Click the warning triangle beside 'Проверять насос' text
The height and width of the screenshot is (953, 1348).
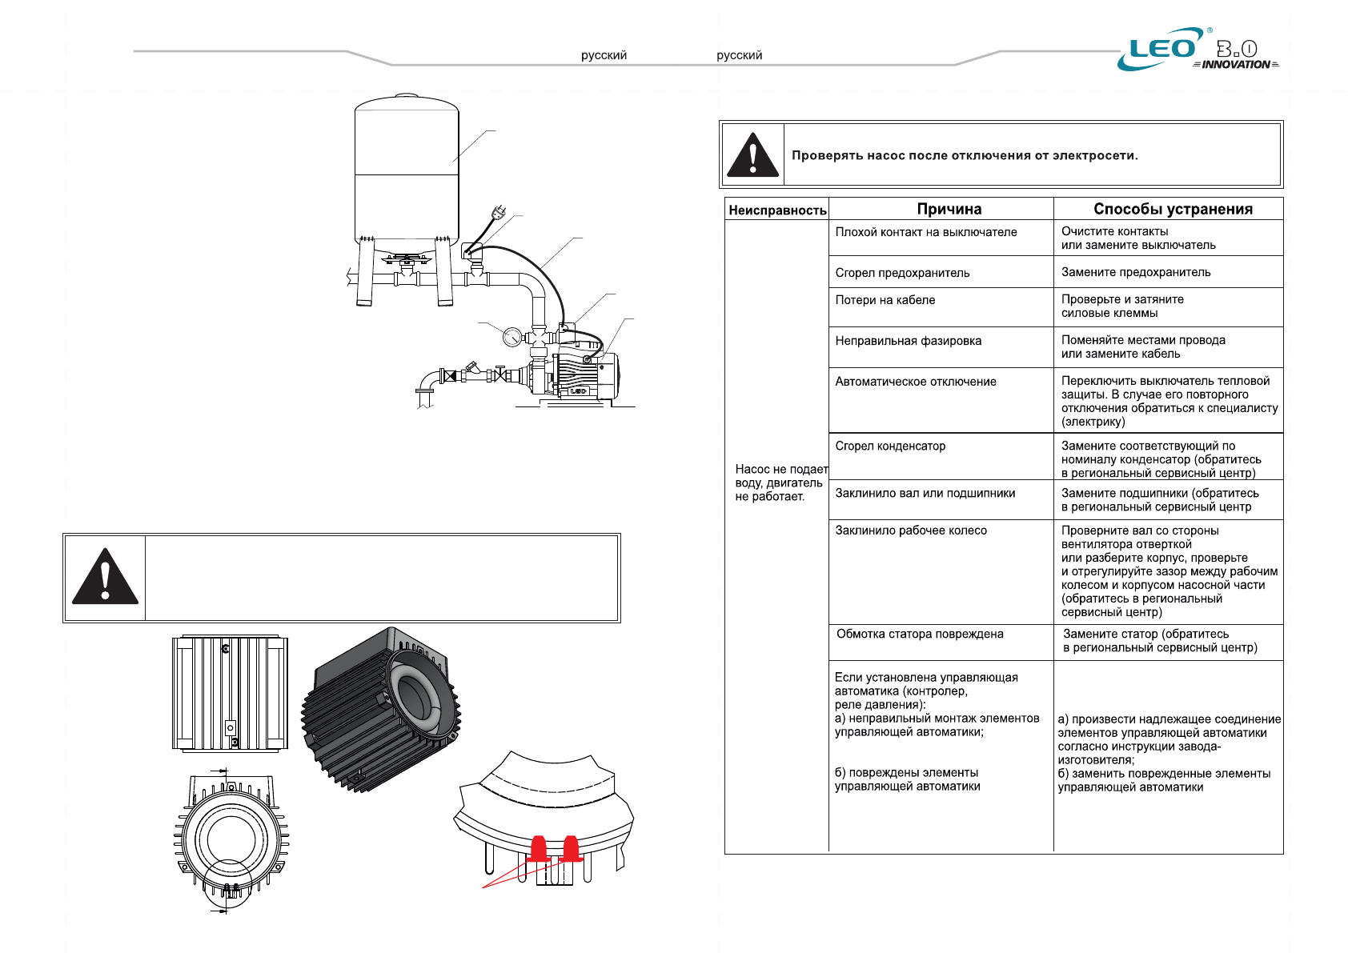coord(752,154)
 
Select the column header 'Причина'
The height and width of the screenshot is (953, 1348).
coord(949,209)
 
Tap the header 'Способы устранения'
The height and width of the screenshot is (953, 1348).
coord(1173,209)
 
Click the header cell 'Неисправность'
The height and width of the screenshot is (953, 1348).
coord(777,210)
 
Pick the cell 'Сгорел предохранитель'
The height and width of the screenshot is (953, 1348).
coord(902,273)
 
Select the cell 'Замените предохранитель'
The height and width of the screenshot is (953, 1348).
coord(1136,272)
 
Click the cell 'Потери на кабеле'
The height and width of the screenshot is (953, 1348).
coord(885,300)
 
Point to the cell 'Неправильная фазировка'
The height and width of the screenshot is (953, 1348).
coord(908,341)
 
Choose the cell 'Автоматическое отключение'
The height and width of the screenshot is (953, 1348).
coord(916,382)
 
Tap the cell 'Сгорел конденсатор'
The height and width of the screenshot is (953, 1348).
coord(890,446)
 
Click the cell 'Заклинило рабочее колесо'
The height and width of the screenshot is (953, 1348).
coord(911,531)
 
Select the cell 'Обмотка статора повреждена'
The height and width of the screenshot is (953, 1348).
coord(920,634)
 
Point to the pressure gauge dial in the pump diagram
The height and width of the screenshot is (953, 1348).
coord(512,336)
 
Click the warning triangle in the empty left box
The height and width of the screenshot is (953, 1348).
coord(105,577)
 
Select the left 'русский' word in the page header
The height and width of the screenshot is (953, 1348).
coord(604,55)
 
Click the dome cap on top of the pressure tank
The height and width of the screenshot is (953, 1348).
coord(407,96)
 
